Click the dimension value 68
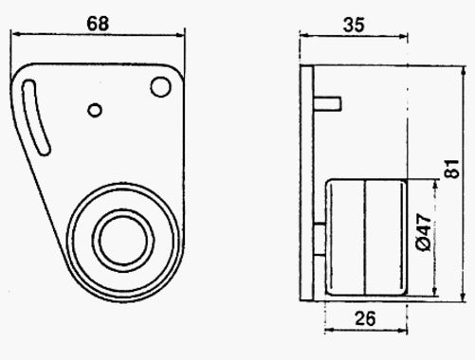(98, 24)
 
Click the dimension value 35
(354, 26)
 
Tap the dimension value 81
(452, 169)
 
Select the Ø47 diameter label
(424, 232)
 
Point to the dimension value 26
(365, 318)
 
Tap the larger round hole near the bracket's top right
(160, 87)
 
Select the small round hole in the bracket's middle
(95, 110)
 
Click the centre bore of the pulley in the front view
(123, 240)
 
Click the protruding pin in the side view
(327, 103)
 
